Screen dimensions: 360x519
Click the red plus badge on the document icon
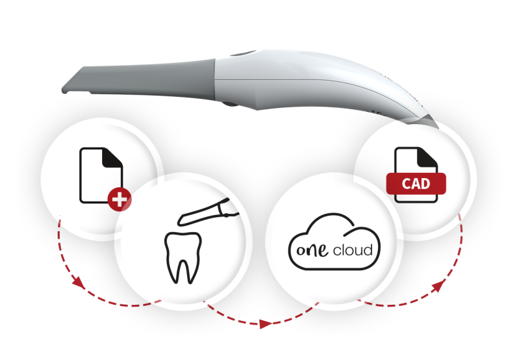click(x=118, y=199)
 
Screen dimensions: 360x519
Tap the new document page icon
click(x=99, y=175)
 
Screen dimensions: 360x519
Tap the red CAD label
click(x=416, y=183)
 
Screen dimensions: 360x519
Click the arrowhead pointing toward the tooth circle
click(x=78, y=283)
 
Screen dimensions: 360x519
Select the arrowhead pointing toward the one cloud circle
click(x=265, y=322)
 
